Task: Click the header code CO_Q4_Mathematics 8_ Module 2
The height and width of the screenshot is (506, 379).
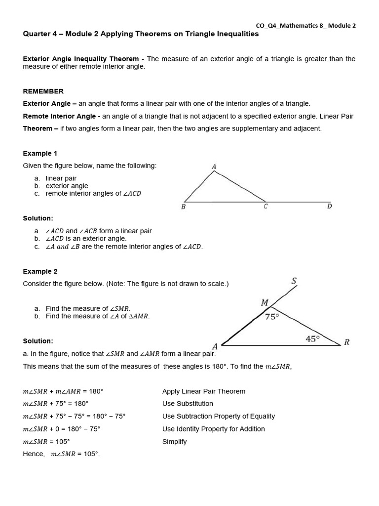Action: click(305, 26)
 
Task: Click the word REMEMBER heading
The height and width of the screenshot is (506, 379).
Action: click(43, 91)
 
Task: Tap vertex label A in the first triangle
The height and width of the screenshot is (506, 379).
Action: click(214, 167)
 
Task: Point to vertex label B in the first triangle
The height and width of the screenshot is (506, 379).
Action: click(183, 207)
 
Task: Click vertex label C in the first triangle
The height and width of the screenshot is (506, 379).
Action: click(265, 207)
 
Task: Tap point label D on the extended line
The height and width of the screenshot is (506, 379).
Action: click(330, 207)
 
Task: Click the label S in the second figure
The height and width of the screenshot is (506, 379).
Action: click(294, 281)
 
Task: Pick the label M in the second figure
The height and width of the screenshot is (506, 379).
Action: click(265, 302)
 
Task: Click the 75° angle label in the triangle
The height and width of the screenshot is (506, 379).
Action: click(272, 317)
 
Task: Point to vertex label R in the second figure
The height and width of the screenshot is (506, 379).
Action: click(347, 342)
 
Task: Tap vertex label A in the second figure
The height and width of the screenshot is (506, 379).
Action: click(215, 346)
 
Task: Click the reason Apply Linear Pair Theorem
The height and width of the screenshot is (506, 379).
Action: click(204, 391)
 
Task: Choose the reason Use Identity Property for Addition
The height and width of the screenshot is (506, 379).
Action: click(214, 429)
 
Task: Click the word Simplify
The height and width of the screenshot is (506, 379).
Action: click(175, 442)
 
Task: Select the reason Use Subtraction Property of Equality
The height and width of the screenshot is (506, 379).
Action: click(219, 416)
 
